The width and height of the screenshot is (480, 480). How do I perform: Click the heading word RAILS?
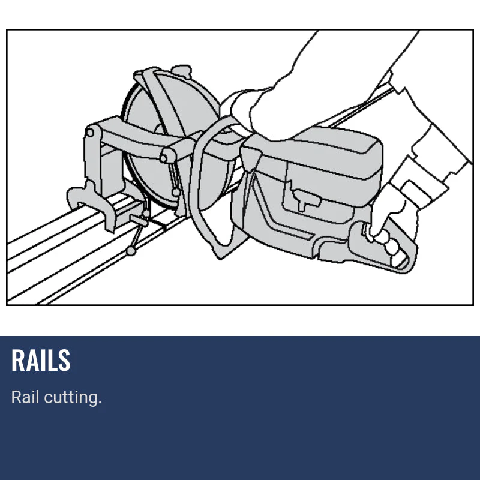(x=41, y=361)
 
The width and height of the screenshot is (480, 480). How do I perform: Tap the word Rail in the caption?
(x=25, y=397)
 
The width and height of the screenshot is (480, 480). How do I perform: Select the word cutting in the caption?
(x=73, y=397)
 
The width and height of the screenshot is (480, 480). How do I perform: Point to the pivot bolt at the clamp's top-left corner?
(x=90, y=133)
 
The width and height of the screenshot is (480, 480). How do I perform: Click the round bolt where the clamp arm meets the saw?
(x=164, y=158)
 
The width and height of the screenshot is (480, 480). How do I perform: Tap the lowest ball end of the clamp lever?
(x=131, y=251)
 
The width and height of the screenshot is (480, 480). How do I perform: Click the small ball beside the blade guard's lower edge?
(x=176, y=192)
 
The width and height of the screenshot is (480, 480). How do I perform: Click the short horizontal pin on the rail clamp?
(x=139, y=220)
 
